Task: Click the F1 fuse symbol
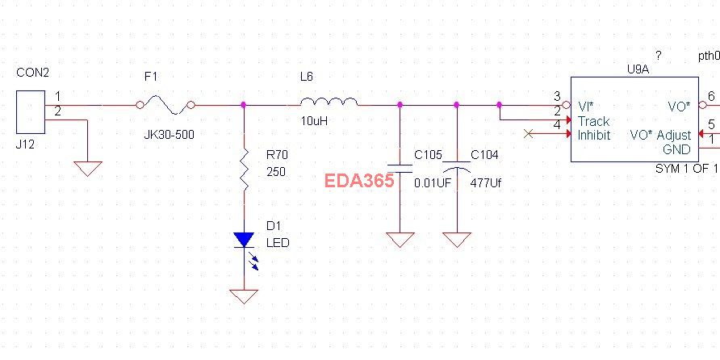[165, 103]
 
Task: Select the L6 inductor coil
[329, 103]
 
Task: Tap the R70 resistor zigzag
[244, 171]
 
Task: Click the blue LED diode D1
[244, 241]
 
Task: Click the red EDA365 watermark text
[359, 181]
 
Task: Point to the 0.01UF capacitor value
[432, 183]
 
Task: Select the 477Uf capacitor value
[486, 183]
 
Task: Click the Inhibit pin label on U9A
[594, 135]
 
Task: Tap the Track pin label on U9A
[593, 121]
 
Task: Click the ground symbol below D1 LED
[244, 296]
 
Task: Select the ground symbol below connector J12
[87, 168]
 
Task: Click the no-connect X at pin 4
[529, 133]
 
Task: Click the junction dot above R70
[244, 105]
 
